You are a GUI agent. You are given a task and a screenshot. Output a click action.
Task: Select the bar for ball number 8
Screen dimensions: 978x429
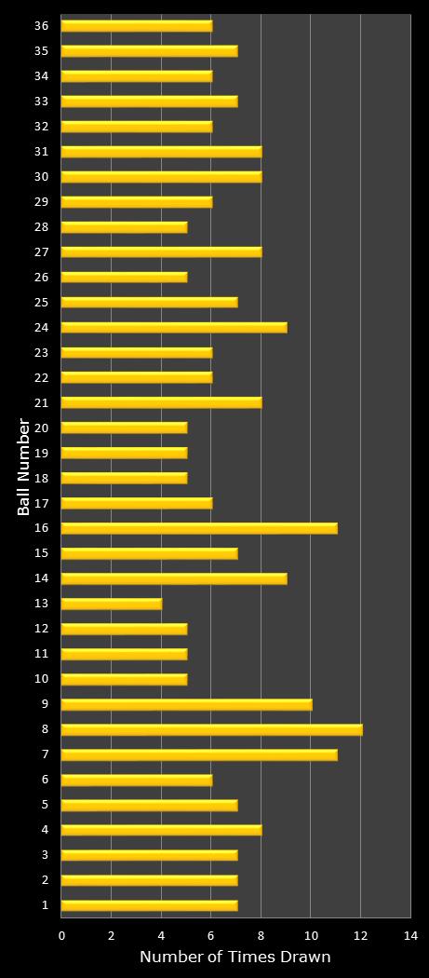click(212, 729)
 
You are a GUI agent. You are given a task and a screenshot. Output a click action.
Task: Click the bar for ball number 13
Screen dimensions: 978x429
click(112, 604)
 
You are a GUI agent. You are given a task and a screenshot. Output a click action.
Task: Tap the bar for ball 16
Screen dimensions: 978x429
click(199, 528)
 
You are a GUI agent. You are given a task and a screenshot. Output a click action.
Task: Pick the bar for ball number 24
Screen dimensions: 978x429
click(174, 327)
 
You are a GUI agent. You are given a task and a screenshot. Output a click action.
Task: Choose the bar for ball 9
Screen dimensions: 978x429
click(187, 704)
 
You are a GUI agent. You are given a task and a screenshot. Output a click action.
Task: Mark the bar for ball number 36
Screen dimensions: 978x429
click(137, 26)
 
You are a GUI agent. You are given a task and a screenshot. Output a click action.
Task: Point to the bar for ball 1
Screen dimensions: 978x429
click(149, 905)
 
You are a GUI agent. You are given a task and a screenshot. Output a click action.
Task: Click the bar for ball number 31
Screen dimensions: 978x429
click(162, 151)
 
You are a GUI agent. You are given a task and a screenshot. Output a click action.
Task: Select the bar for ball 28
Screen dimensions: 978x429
click(124, 226)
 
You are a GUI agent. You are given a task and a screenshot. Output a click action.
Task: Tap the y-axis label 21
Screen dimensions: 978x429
click(41, 402)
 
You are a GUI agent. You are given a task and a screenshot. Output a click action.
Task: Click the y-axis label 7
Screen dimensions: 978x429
click(44, 754)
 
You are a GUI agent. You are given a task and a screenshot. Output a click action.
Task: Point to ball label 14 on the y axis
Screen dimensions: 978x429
click(41, 578)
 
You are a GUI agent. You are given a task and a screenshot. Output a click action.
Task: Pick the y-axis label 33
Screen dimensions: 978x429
click(41, 101)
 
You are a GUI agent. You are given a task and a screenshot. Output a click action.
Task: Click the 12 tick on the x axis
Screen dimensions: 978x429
click(360, 935)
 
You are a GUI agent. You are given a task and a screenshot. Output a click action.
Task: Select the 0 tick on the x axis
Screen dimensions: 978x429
click(62, 935)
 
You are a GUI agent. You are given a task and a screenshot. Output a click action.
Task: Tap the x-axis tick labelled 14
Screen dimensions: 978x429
click(409, 935)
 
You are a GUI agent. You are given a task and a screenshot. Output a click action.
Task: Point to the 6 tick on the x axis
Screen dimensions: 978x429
click(211, 935)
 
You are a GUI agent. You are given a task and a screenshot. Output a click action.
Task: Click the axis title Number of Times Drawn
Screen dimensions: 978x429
click(235, 958)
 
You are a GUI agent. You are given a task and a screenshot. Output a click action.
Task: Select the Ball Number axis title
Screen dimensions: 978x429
click(24, 467)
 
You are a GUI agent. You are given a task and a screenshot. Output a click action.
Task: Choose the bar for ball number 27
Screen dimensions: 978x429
click(162, 251)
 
